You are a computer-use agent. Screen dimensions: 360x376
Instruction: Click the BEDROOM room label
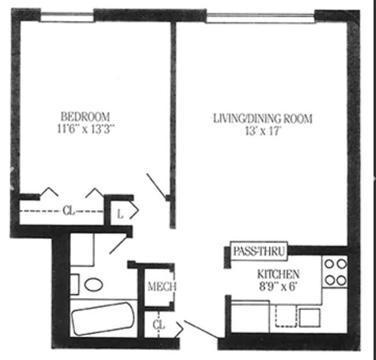click(85, 116)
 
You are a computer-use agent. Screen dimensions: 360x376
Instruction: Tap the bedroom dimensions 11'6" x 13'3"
click(85, 129)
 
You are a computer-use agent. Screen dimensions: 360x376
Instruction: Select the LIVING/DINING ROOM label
click(263, 119)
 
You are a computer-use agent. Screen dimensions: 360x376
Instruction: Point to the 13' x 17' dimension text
click(263, 131)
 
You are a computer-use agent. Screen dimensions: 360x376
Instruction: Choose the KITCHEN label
click(279, 274)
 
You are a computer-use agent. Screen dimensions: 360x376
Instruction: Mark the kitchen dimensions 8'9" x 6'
click(279, 286)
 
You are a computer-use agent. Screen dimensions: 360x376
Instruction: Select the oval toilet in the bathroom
click(93, 284)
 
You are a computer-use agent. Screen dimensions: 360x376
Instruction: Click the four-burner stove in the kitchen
click(335, 272)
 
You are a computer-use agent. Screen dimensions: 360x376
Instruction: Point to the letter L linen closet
click(120, 213)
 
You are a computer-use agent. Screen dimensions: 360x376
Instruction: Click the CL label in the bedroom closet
click(68, 211)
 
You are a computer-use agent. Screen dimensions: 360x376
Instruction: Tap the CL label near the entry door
click(158, 325)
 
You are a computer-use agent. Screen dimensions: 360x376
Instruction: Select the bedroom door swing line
click(157, 185)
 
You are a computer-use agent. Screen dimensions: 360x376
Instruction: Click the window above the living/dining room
click(260, 16)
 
